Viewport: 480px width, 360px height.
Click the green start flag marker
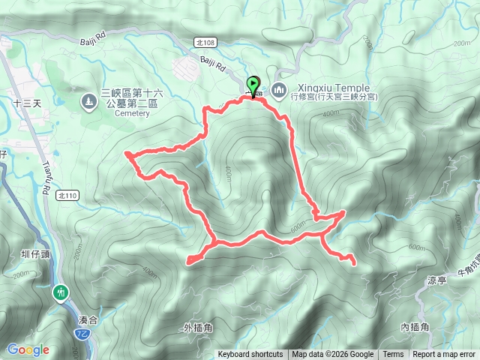253,85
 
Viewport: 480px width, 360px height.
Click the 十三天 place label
27,104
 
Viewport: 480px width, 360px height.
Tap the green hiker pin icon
60,292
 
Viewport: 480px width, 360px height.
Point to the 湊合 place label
88,319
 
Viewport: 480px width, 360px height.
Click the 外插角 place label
198,328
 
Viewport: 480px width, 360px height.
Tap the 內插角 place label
414,327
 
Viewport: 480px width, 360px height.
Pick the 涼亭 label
437,280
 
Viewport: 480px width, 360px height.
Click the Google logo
28,349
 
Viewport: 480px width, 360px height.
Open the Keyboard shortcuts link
250,355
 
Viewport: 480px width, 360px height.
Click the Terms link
393,355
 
